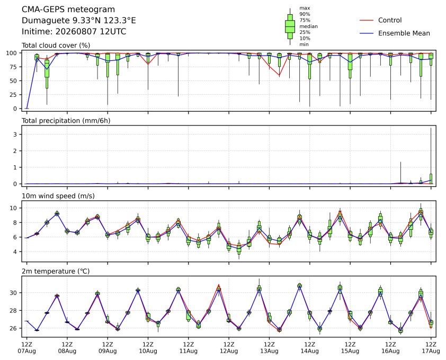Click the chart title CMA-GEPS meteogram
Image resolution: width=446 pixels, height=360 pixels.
click(68, 10)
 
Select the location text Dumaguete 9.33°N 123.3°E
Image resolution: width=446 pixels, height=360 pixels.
click(79, 21)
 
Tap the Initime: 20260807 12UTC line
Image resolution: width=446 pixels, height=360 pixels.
click(74, 31)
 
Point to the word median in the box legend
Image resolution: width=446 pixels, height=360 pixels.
click(308, 26)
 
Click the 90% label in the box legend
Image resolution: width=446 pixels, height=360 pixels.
click(305, 14)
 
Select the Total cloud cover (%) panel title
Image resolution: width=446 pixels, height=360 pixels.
click(56, 46)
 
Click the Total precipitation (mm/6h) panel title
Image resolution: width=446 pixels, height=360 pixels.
click(66, 121)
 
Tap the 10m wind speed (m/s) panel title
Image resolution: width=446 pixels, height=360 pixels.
click(58, 196)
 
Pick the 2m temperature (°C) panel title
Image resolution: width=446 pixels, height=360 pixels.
click(56, 271)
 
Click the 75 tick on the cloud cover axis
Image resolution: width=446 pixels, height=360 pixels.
click(13, 67)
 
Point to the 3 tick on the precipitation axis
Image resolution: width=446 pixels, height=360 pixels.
click(15, 134)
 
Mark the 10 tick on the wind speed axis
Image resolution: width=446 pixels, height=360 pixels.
click(13, 208)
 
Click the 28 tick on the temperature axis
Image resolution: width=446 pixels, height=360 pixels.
click(13, 311)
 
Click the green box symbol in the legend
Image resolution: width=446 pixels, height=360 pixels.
click(290, 26)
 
